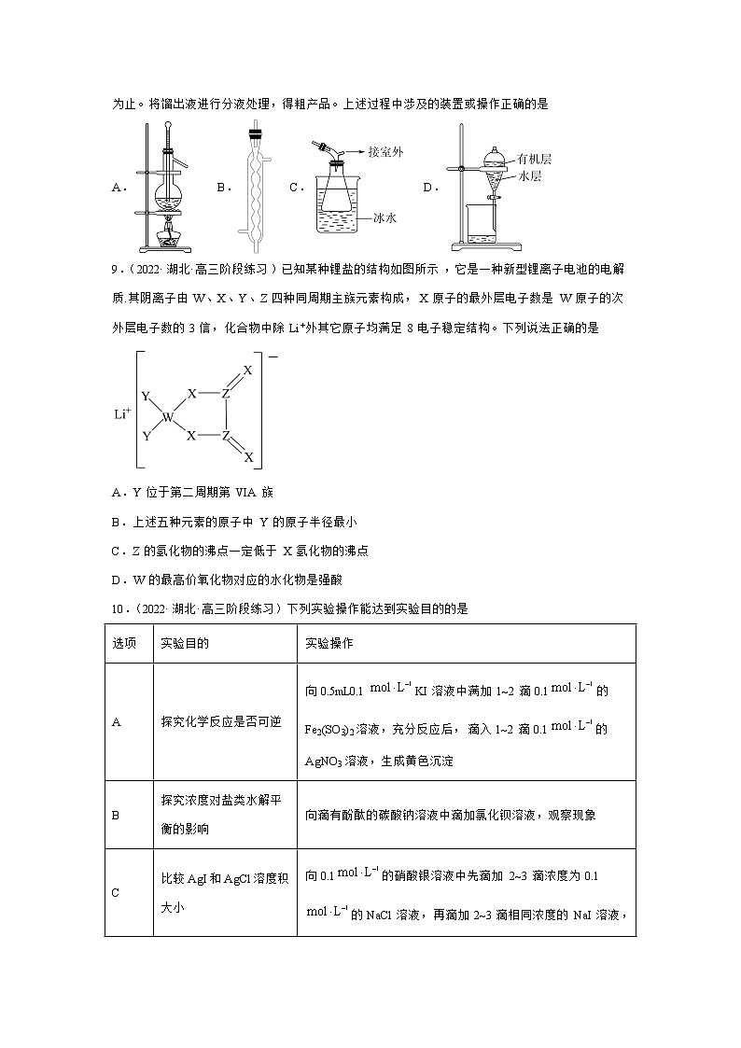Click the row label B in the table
pos(116,815)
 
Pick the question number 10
pos(118,608)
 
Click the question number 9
pos(115,269)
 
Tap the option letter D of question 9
pos(116,580)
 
